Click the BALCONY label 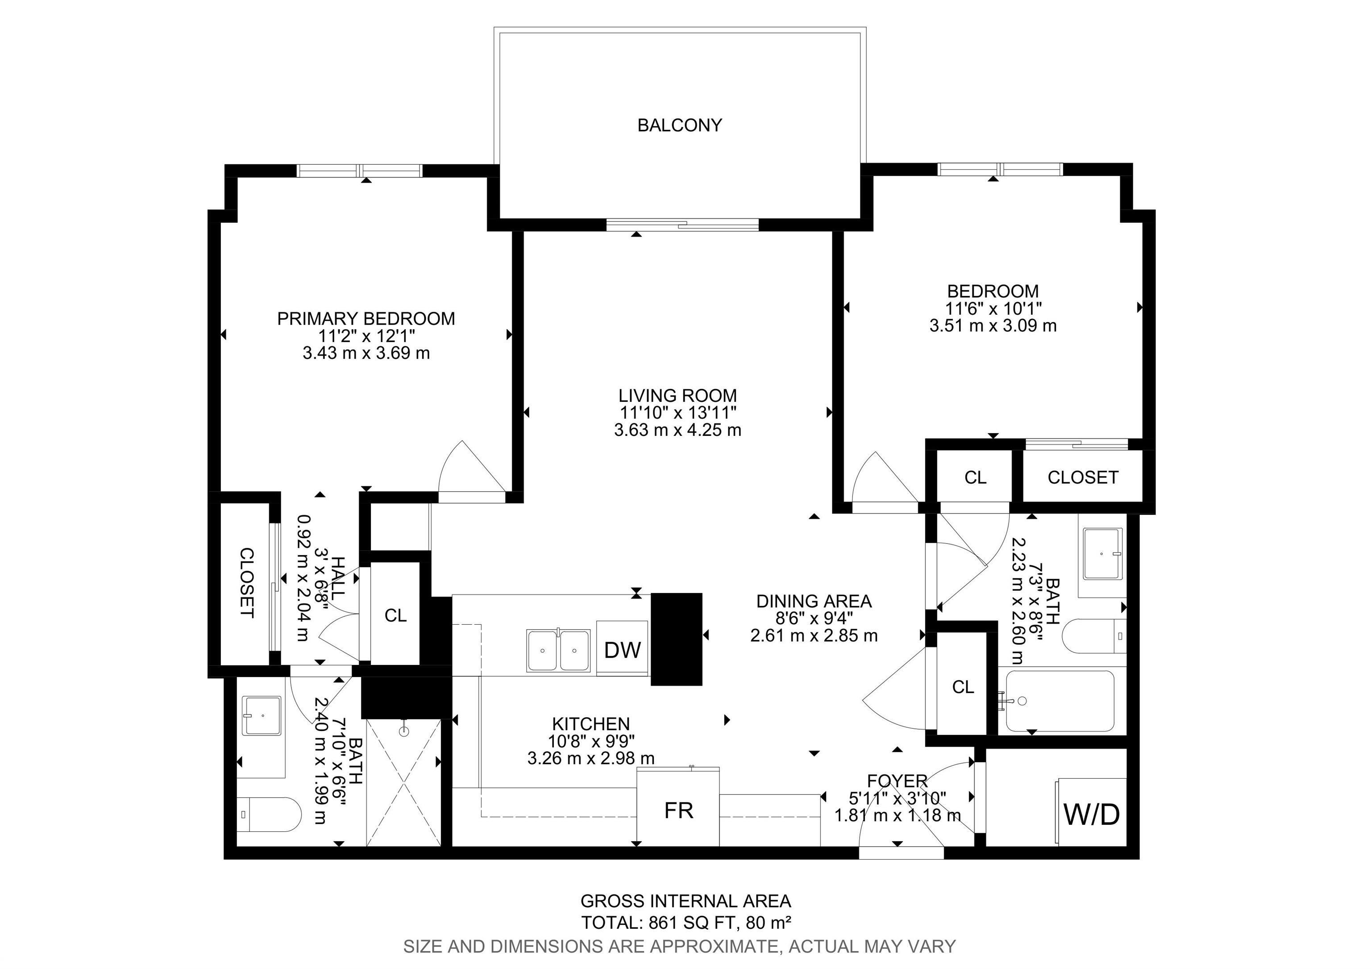pos(680,125)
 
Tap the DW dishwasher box pos(622,649)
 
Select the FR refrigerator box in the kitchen pos(678,810)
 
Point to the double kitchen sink pos(559,650)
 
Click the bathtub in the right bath pos(1059,701)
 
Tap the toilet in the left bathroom pos(267,814)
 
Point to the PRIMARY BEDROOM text pos(366,318)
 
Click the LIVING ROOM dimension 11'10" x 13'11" pos(678,412)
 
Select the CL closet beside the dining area pos(963,687)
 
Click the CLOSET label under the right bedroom pos(1083,477)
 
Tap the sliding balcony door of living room pos(682,225)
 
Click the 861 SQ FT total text pos(687,923)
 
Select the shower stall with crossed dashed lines pos(403,783)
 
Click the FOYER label pos(897,781)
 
